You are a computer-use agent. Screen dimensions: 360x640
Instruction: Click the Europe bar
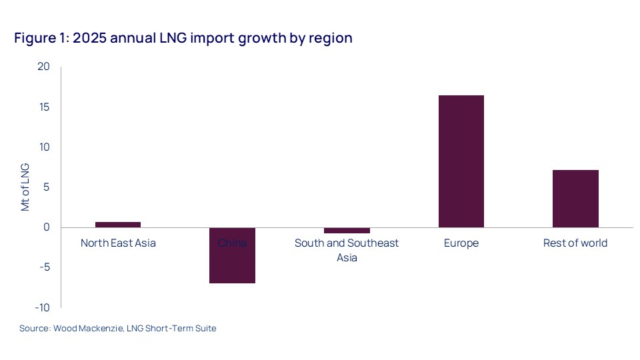tap(461, 161)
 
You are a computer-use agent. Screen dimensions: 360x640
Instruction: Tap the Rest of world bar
tap(575, 199)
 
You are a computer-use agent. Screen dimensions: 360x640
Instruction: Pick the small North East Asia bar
tap(118, 225)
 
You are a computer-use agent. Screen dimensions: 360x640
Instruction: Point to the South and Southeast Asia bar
tap(347, 230)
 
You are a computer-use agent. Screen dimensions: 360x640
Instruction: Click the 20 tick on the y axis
tap(44, 67)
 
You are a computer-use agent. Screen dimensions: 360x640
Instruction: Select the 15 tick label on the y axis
tap(44, 107)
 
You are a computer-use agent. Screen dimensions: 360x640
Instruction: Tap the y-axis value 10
tap(44, 147)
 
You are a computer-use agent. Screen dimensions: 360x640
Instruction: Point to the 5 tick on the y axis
tap(47, 187)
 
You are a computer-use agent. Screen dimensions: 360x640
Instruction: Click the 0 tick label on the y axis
tap(47, 227)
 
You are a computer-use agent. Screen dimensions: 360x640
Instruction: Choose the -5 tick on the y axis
tap(45, 267)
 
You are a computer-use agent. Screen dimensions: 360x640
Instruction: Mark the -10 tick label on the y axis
tap(43, 307)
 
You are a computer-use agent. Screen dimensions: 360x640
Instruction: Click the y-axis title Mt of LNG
tap(25, 187)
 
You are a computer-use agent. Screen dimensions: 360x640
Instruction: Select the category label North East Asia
tap(118, 243)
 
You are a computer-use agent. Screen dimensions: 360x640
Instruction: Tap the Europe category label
tap(461, 243)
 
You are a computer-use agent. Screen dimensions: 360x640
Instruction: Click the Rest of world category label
tap(575, 243)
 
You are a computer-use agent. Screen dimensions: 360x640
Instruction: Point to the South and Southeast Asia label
tap(347, 250)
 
